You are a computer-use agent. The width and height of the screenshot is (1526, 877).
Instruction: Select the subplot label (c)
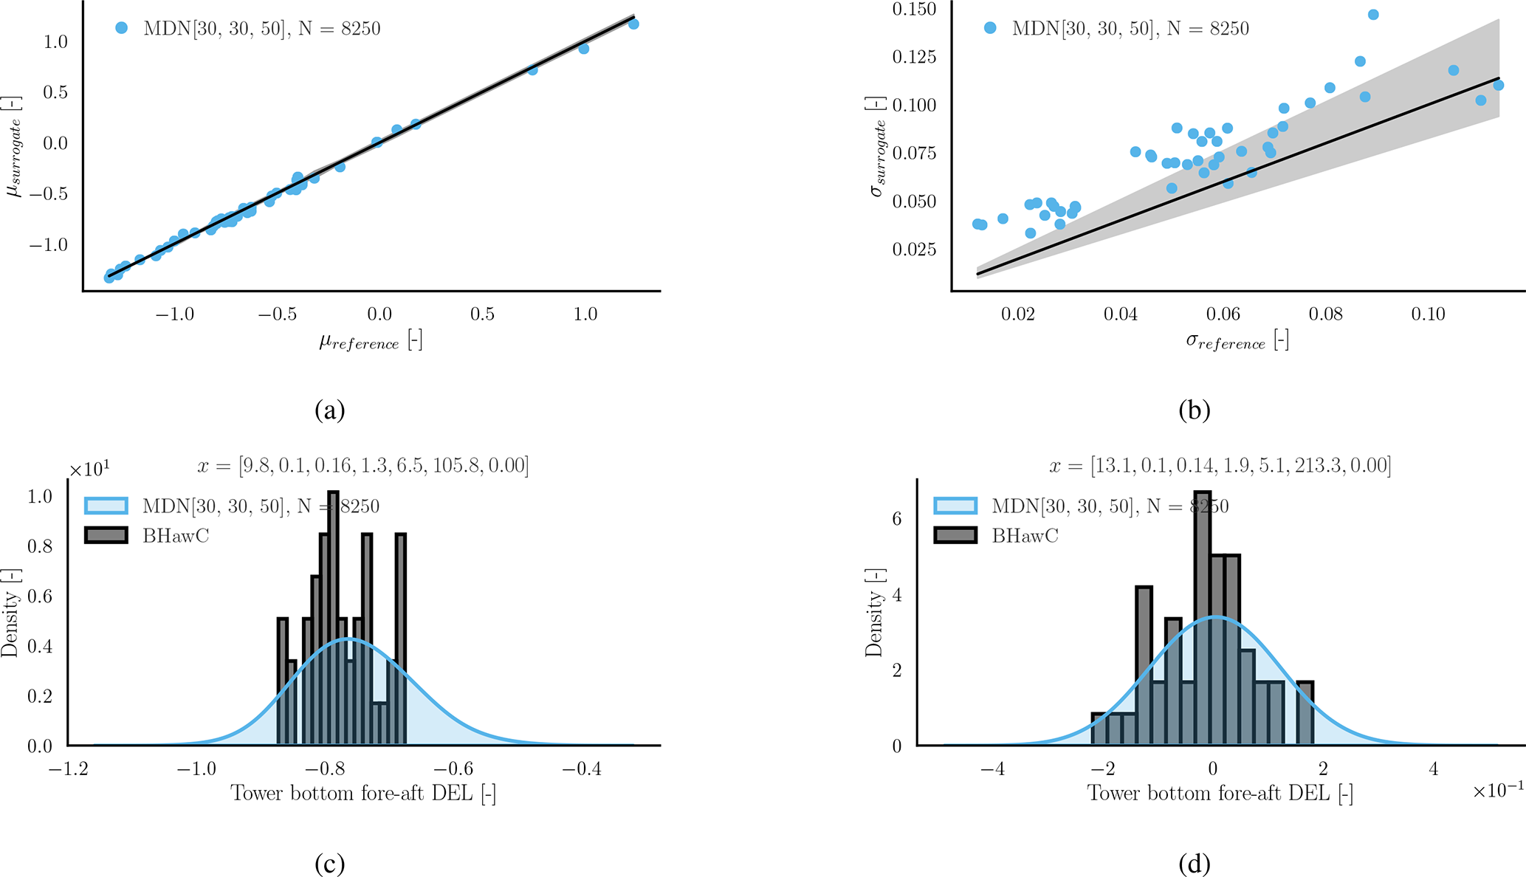[329, 864]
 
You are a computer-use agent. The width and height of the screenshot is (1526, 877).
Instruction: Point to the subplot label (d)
[1195, 864]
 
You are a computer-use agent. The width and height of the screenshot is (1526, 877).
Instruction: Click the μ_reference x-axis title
[371, 341]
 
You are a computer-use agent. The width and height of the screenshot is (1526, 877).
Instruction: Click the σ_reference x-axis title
[1237, 341]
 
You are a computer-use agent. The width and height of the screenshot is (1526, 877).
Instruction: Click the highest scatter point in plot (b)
[1373, 15]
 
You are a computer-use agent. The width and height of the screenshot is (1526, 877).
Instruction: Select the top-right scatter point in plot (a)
[633, 24]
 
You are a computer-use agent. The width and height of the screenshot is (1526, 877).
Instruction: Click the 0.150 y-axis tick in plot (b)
[914, 10]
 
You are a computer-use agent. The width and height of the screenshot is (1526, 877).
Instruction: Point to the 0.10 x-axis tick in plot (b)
[1428, 314]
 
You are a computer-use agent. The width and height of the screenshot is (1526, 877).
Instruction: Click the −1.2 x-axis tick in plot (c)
[68, 769]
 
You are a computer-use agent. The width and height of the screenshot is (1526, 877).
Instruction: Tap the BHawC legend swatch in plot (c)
[106, 535]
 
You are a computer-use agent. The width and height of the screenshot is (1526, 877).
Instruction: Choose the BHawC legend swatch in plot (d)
[955, 535]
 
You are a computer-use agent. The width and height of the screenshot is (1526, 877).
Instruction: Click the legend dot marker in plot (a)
[122, 28]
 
